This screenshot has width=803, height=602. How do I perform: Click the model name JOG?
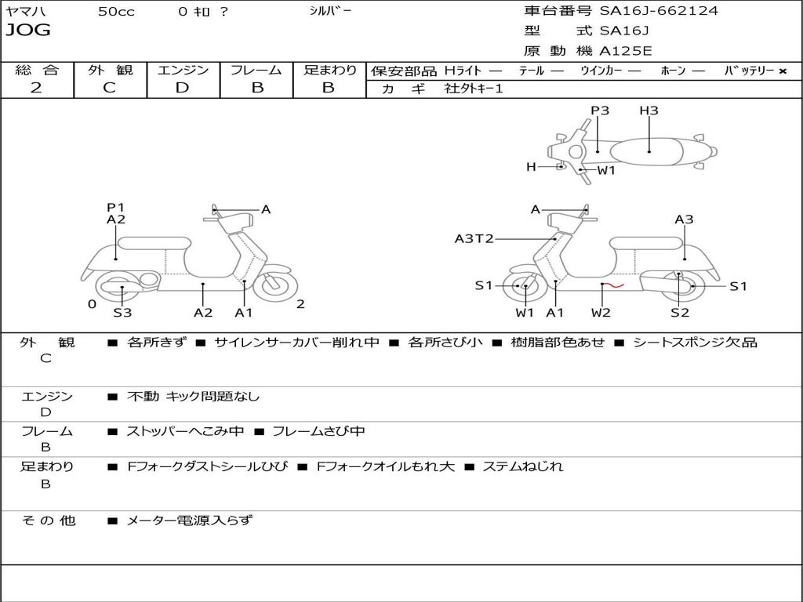[x=28, y=31]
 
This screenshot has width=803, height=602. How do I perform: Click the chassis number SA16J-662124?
[x=659, y=11]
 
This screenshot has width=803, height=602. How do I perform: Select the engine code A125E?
[x=625, y=52]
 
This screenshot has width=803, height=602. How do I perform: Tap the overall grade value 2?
[x=36, y=88]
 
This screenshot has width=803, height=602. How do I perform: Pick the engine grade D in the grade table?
[x=182, y=88]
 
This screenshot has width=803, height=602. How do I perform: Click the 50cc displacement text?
[x=116, y=12]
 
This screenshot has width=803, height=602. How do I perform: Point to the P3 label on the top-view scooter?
[x=600, y=111]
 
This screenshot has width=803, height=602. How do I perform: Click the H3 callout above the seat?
[x=649, y=111]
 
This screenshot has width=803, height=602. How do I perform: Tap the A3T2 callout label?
[x=474, y=239]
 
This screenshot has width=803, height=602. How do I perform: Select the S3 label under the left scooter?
[x=122, y=314]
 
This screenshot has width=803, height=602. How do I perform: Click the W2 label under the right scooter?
[x=601, y=314]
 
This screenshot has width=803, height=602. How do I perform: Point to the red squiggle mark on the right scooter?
[x=613, y=285]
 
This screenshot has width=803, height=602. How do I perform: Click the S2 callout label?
[x=679, y=314]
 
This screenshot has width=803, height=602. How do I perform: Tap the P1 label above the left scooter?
[x=115, y=208]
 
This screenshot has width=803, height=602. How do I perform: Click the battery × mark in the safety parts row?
[x=782, y=71]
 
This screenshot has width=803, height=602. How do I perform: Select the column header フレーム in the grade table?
[x=256, y=70]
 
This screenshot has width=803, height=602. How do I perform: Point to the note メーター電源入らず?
[x=190, y=520]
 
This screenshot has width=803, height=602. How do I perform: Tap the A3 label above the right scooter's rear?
[x=684, y=219]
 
